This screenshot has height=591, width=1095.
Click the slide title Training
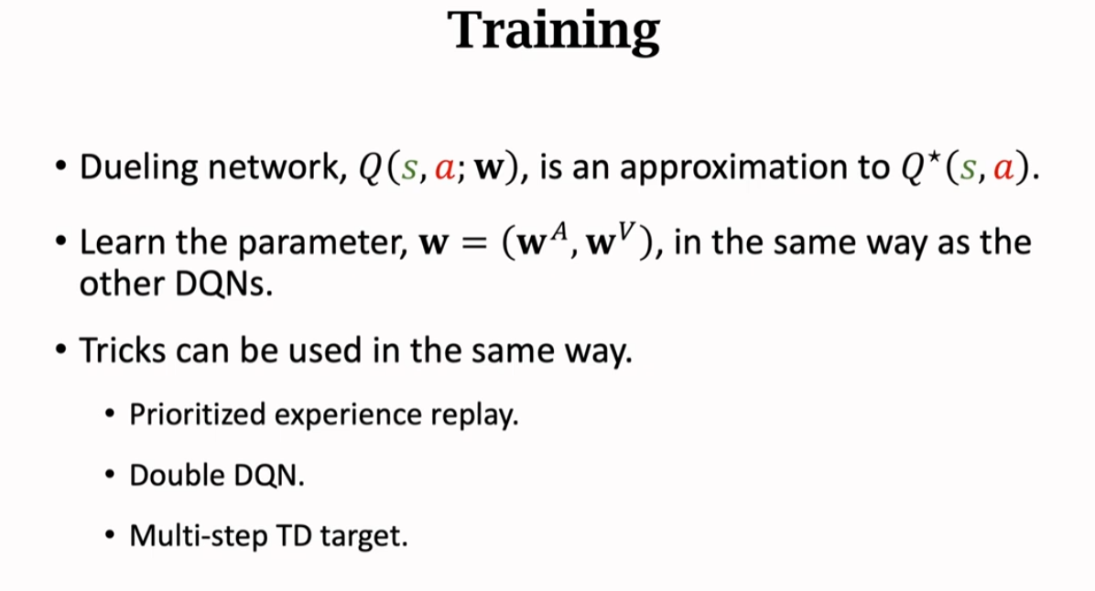point(554,31)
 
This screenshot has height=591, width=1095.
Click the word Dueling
point(138,168)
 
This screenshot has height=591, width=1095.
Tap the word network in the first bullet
point(277,167)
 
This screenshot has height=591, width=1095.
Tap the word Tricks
point(122,350)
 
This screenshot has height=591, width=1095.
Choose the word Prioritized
point(198,414)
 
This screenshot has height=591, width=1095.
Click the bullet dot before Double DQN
point(110,475)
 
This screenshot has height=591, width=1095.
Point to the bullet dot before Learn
point(60,242)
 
